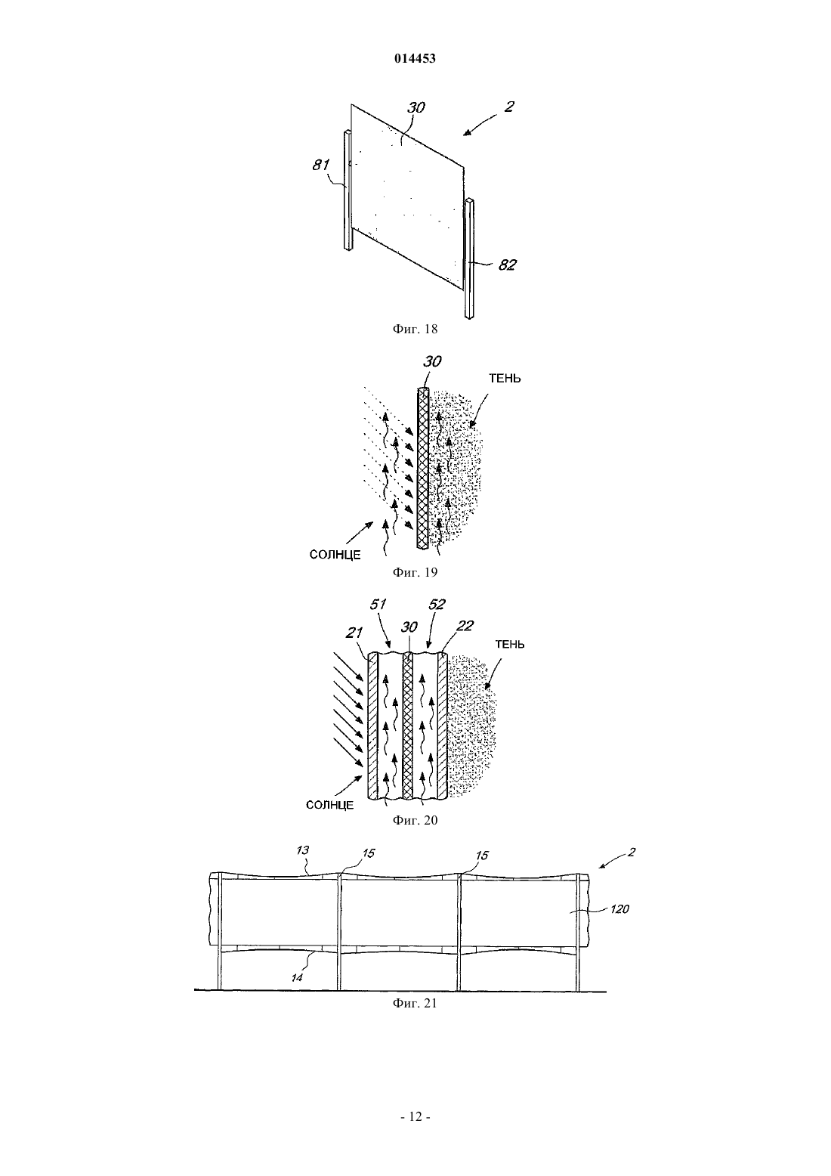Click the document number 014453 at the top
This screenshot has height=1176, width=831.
coord(415,59)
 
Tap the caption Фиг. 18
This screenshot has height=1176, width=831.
coord(415,330)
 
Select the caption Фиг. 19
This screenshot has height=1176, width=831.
coord(415,572)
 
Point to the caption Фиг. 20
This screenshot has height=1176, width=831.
coord(415,820)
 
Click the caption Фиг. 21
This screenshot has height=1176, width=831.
coord(415,1003)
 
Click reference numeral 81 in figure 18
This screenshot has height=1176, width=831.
coord(320,164)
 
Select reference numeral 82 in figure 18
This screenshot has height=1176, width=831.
coord(507,265)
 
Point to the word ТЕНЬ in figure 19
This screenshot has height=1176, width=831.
coord(505,379)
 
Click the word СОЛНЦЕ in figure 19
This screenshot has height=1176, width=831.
coord(335,555)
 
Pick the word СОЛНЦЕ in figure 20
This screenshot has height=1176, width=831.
coord(329,805)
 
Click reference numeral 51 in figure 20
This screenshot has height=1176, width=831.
coord(378,605)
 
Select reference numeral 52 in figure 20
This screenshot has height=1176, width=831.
coord(437,605)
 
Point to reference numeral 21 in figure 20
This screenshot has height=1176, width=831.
coord(354,633)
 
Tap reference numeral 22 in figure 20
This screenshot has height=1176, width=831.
coord(465,626)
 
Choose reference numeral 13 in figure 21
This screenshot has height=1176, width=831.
coord(303,850)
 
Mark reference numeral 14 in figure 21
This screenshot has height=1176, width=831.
coord(297,977)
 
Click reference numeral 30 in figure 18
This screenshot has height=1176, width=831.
coord(416,107)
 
